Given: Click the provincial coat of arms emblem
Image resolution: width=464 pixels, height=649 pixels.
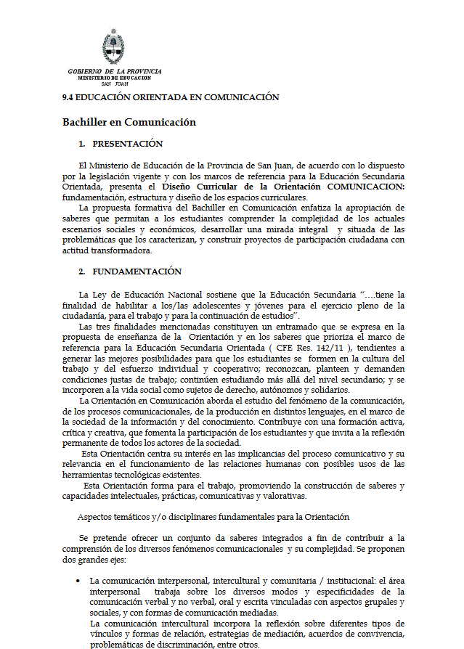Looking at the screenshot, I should [113, 46].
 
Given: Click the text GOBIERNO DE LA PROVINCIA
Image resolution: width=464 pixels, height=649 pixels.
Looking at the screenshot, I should [115, 71].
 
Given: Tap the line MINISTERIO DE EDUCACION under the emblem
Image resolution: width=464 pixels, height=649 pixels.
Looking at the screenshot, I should [114, 78].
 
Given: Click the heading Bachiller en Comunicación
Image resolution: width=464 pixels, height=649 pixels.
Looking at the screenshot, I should [129, 122].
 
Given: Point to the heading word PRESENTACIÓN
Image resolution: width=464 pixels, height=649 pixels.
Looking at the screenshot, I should [128, 144].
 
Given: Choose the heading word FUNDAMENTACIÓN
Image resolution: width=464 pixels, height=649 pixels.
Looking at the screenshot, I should [137, 272].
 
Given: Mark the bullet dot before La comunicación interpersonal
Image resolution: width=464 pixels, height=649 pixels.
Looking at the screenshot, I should [78, 581].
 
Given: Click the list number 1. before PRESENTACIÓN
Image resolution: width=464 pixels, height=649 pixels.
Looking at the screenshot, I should [82, 144].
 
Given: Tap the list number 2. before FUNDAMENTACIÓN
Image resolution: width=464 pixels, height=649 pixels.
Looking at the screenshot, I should [82, 272].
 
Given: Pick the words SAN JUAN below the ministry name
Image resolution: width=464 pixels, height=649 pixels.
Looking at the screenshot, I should [115, 83].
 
